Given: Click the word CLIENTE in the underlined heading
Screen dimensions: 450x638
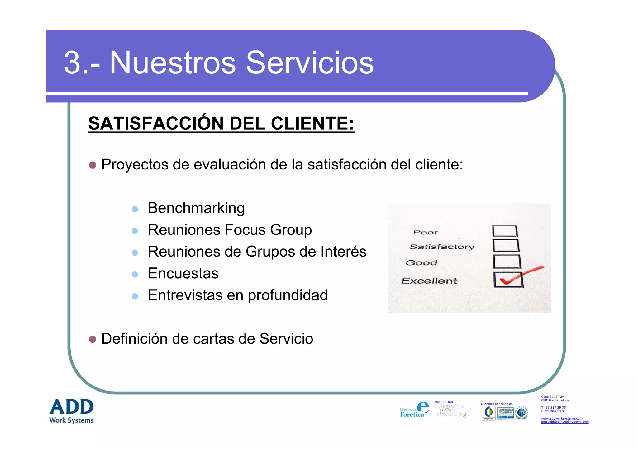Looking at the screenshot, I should pyautogui.click(x=312, y=123).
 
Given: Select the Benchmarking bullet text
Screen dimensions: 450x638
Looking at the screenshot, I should pyautogui.click(x=196, y=208).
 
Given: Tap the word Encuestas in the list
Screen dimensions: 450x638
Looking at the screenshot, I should pyautogui.click(x=183, y=273).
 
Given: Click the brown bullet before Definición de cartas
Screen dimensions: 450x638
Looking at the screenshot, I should pyautogui.click(x=93, y=339).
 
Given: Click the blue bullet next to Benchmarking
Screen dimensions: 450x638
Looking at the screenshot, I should pyautogui.click(x=135, y=209).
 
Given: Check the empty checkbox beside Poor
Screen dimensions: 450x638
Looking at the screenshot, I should pyautogui.click(x=505, y=231).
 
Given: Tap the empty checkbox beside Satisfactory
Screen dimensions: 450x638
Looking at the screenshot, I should pyautogui.click(x=506, y=245).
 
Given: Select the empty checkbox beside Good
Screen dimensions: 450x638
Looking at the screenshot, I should pyautogui.click(x=507, y=262).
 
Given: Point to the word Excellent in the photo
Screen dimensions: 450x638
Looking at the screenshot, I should pyautogui.click(x=429, y=281).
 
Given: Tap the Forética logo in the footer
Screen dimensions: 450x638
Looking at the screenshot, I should pyautogui.click(x=414, y=410).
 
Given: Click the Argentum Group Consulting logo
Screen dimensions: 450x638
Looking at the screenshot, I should pyautogui.click(x=451, y=411).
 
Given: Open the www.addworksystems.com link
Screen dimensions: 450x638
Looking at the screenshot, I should pyautogui.click(x=561, y=418).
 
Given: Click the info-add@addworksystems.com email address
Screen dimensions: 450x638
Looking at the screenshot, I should pyautogui.click(x=565, y=422).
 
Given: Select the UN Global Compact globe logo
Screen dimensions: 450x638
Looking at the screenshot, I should pyautogui.click(x=521, y=413).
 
